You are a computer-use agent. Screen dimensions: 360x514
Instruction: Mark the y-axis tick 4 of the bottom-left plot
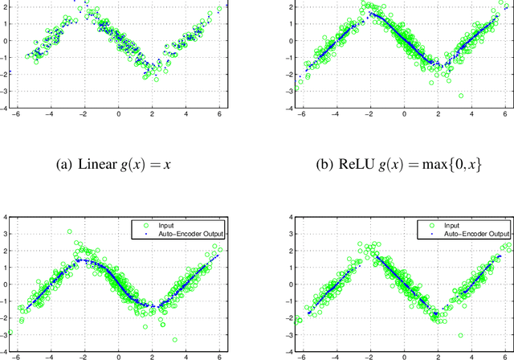[x=5, y=219]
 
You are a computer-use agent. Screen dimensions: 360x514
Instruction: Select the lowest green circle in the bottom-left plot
[x=175, y=340]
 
